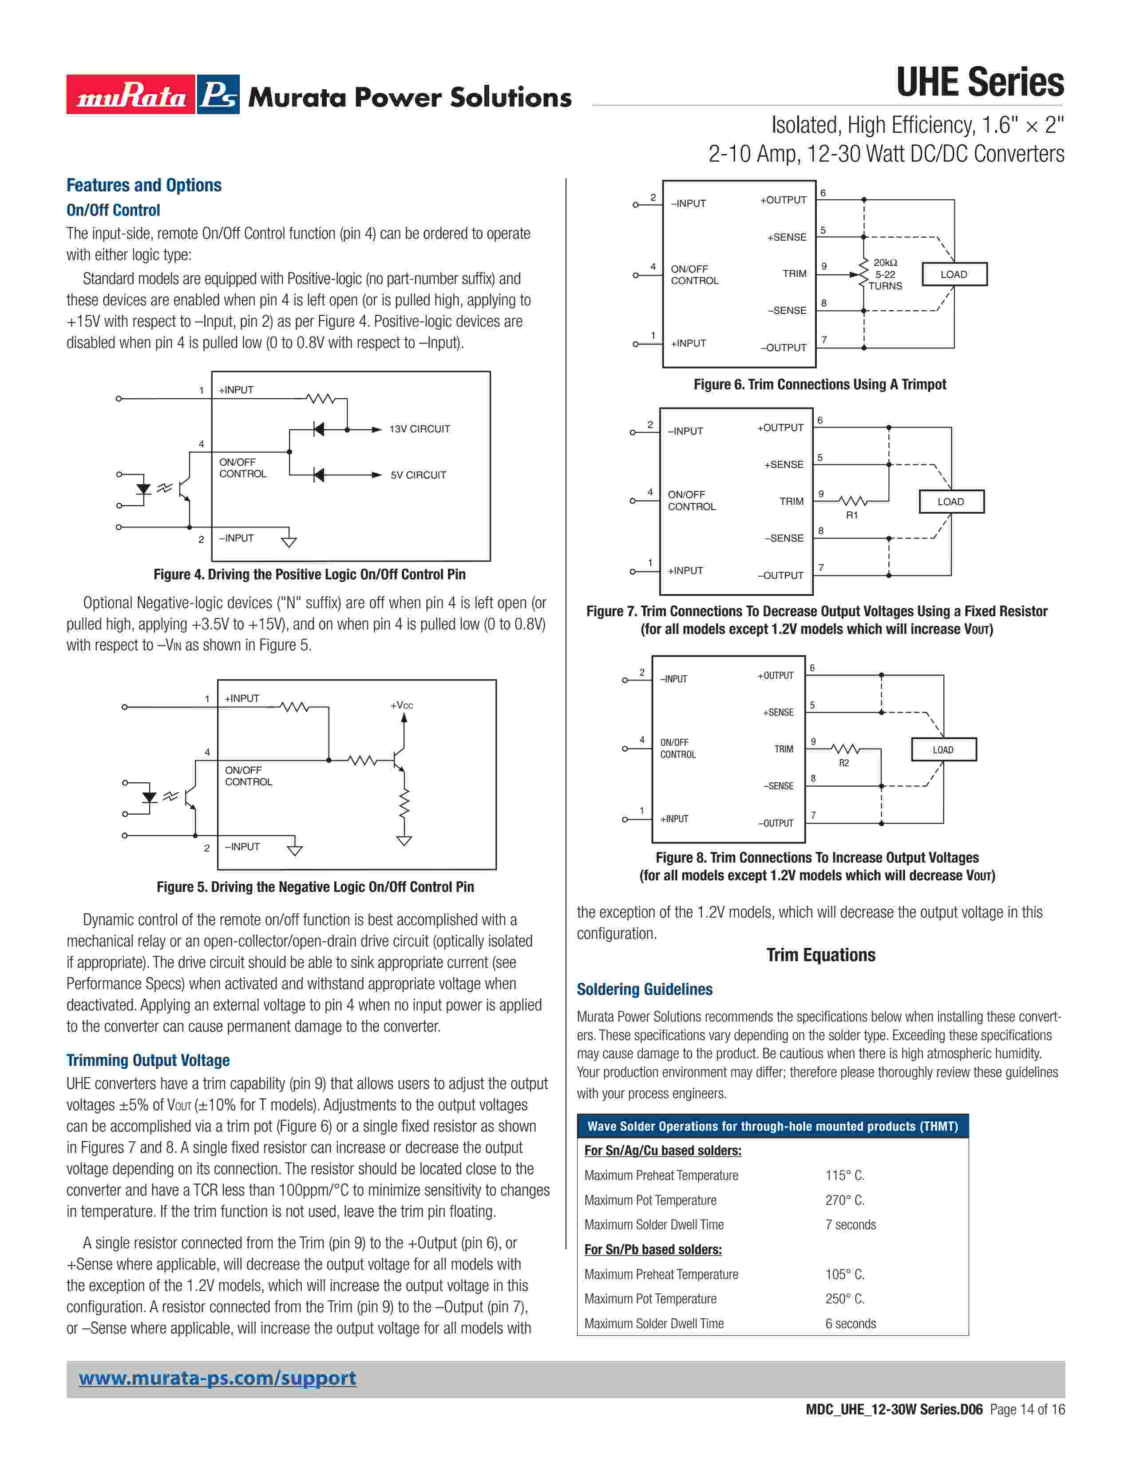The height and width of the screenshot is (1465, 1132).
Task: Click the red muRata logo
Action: pyautogui.click(x=131, y=95)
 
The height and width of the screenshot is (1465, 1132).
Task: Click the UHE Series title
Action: pyautogui.click(x=979, y=83)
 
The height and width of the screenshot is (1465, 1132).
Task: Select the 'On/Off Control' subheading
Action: pyautogui.click(x=113, y=210)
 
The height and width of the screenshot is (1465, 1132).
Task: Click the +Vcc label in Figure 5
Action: pyautogui.click(x=402, y=705)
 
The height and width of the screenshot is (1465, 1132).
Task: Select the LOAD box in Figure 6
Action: pyautogui.click(x=954, y=274)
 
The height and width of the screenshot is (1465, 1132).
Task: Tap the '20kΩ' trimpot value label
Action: pyautogui.click(x=885, y=262)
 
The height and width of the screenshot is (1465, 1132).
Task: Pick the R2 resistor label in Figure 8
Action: pyautogui.click(x=843, y=763)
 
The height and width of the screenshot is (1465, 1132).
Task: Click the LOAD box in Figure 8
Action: pyautogui.click(x=943, y=750)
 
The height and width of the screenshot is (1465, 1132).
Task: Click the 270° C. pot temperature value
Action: pyautogui.click(x=844, y=1200)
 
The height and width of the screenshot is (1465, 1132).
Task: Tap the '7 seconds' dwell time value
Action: pyautogui.click(x=851, y=1225)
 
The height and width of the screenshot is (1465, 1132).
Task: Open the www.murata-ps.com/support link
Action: pyautogui.click(x=217, y=1378)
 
